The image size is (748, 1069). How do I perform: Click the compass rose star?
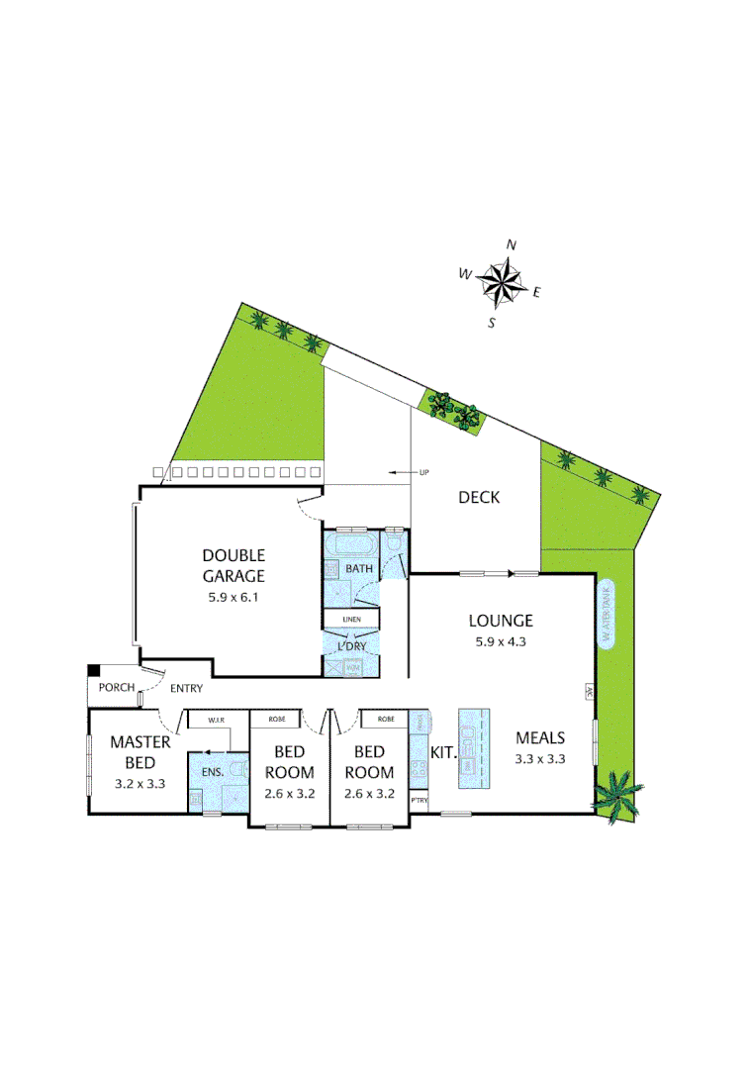click(x=504, y=281)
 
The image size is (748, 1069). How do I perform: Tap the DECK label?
click(x=478, y=497)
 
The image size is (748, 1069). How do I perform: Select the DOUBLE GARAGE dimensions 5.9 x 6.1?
click(x=234, y=597)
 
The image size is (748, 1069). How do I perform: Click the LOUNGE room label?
click(x=501, y=621)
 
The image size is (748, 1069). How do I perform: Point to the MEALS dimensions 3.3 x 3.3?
click(x=540, y=759)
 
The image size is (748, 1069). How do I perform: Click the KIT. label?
click(x=443, y=753)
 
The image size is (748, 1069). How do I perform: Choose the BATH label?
click(x=357, y=569)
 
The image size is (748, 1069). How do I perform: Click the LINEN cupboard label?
click(x=352, y=620)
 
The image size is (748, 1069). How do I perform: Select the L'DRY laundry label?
click(x=352, y=645)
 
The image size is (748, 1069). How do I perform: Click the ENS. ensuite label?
click(x=213, y=770)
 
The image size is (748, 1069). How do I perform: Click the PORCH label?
click(x=117, y=688)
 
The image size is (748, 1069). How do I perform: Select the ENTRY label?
click(x=186, y=688)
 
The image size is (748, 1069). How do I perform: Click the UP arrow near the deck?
click(x=406, y=472)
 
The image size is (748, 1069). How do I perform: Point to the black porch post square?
click(x=93, y=671)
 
